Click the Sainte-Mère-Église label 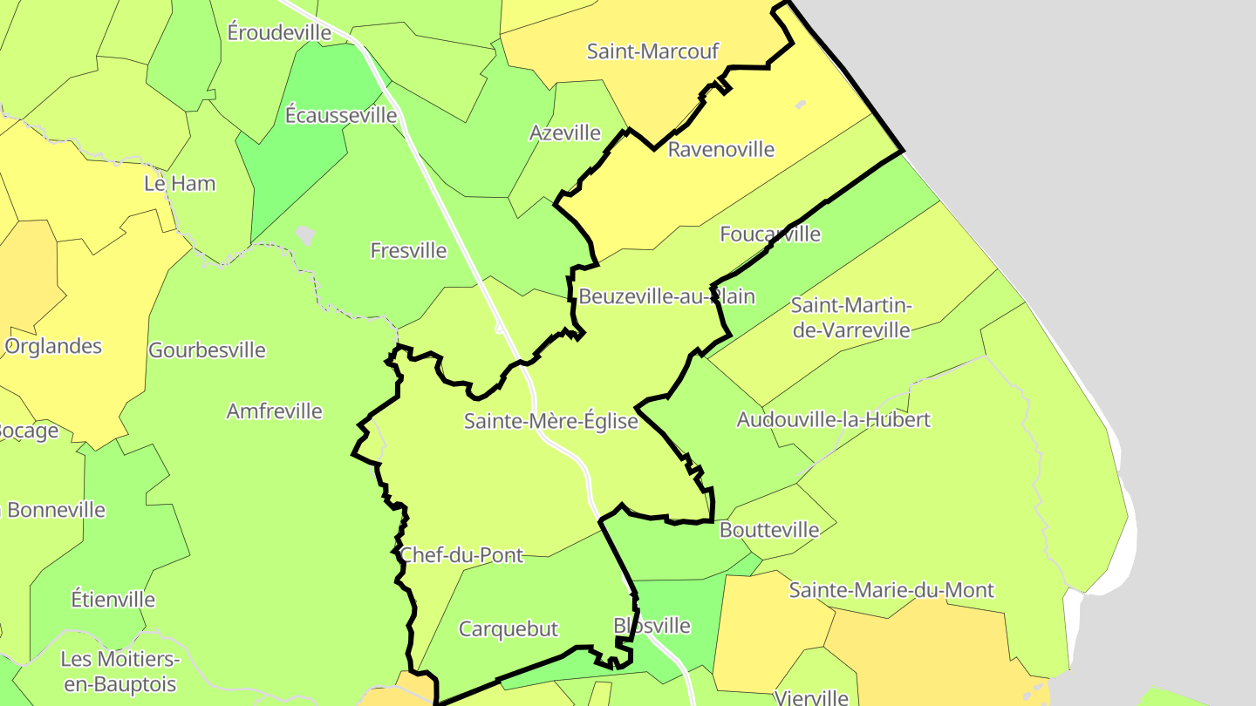point(550,421)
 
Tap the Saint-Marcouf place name point(652,51)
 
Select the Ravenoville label point(720,149)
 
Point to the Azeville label point(565,132)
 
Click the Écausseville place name point(341,114)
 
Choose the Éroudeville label point(279,32)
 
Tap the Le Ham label point(180,184)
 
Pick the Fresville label point(408,251)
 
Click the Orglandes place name point(53,346)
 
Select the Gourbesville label point(207,350)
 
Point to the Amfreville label point(274,411)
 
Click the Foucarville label point(770,234)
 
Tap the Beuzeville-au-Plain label point(666,296)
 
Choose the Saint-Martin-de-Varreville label point(850,318)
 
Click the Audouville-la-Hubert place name point(833,419)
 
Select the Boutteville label point(769,530)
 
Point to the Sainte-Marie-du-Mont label point(891,590)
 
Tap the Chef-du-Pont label point(461,554)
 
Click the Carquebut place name point(508,628)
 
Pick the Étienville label point(113,600)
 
